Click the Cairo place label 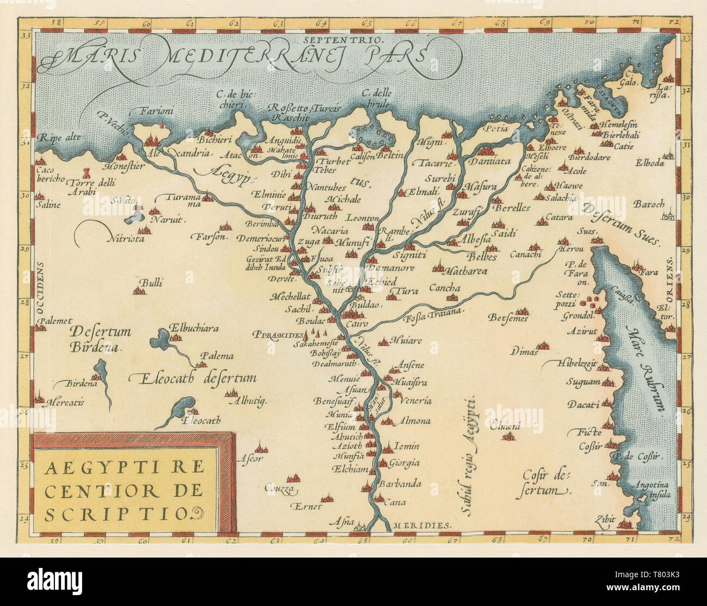click(357, 324)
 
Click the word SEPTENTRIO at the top click(345, 40)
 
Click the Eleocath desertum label click(193, 378)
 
